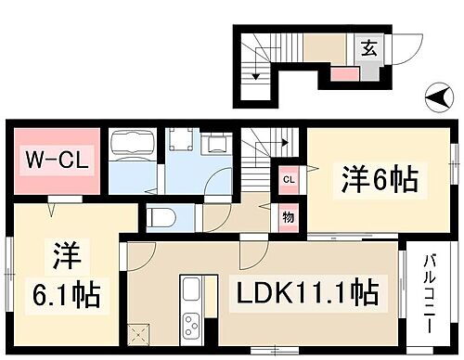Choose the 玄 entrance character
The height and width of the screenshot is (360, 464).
click(368, 49)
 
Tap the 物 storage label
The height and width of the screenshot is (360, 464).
click(289, 218)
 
